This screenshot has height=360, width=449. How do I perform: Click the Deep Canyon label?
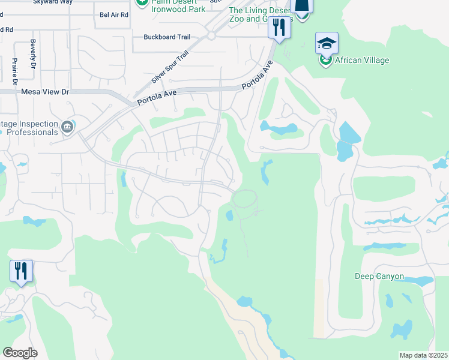379,277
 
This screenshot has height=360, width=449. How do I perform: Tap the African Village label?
362,60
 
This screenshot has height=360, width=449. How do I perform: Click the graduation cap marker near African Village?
327,44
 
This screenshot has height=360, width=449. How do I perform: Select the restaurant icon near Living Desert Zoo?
279,27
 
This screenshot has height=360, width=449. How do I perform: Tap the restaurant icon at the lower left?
21,271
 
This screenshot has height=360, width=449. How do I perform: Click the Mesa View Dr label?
46,92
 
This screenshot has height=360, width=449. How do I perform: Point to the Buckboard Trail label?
167,37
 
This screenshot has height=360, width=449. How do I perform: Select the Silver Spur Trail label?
170,67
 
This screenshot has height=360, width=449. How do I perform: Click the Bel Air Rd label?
114,14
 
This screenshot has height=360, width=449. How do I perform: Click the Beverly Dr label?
33,55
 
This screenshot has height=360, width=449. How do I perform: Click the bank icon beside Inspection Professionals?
67,126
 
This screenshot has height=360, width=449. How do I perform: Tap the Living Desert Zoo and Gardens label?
259,14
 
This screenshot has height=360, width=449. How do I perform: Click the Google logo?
20,353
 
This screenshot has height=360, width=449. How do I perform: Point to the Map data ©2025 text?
423,355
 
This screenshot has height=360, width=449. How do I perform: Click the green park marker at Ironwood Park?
142,2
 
